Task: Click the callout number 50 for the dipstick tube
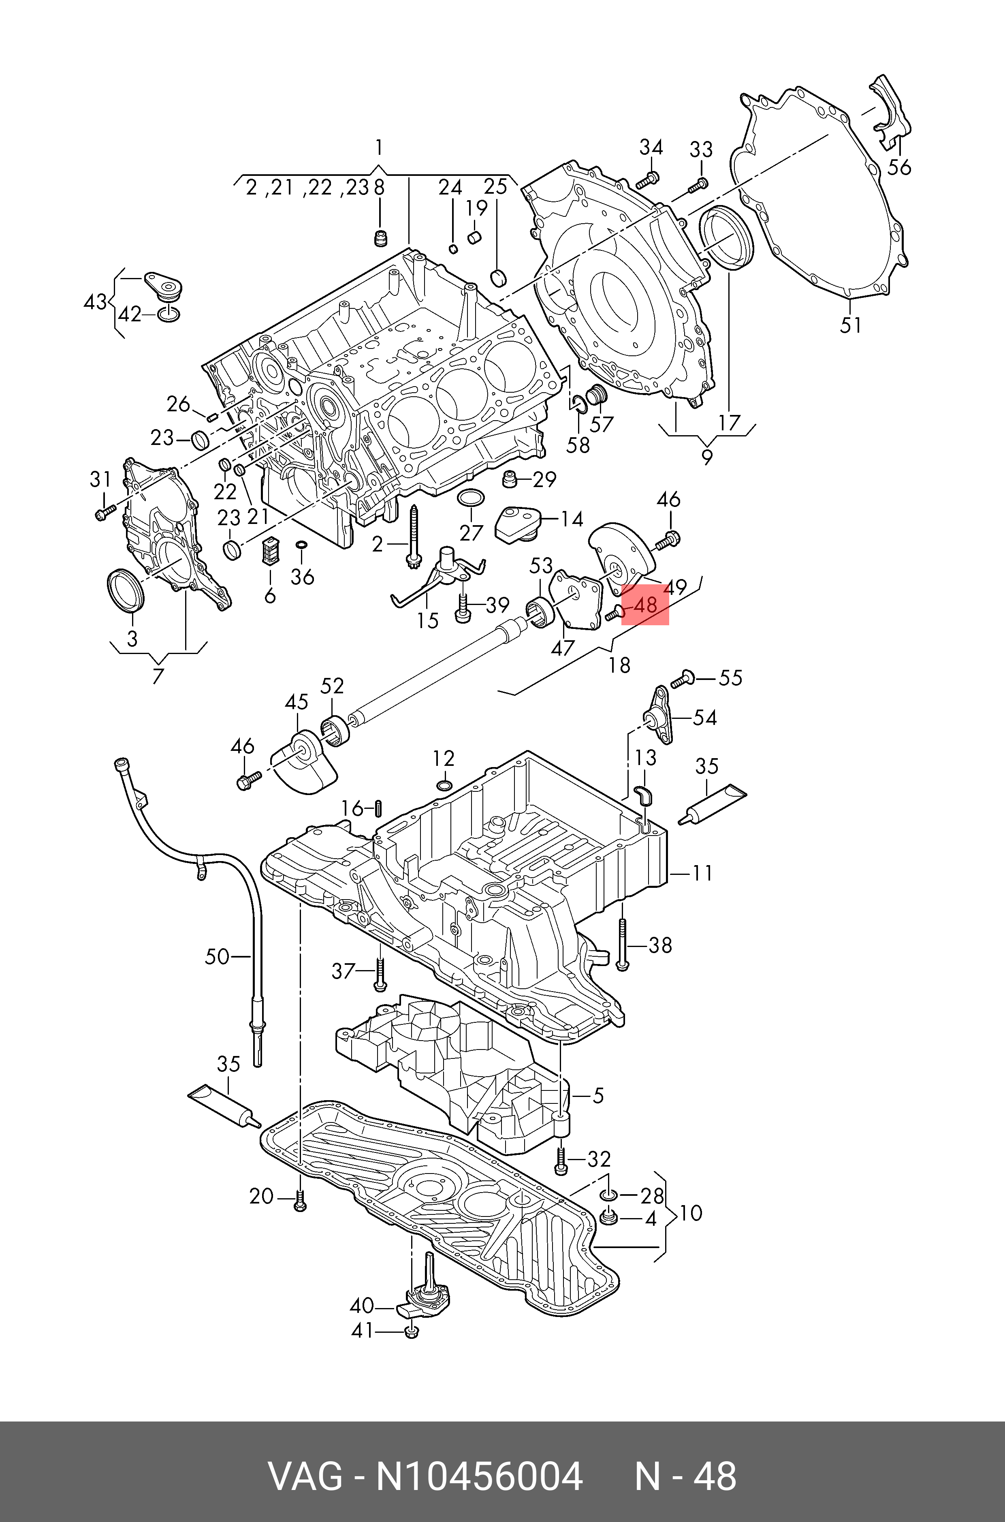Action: [x=217, y=957]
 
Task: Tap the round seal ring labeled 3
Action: [x=124, y=589]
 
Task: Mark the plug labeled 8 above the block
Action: [x=381, y=239]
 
